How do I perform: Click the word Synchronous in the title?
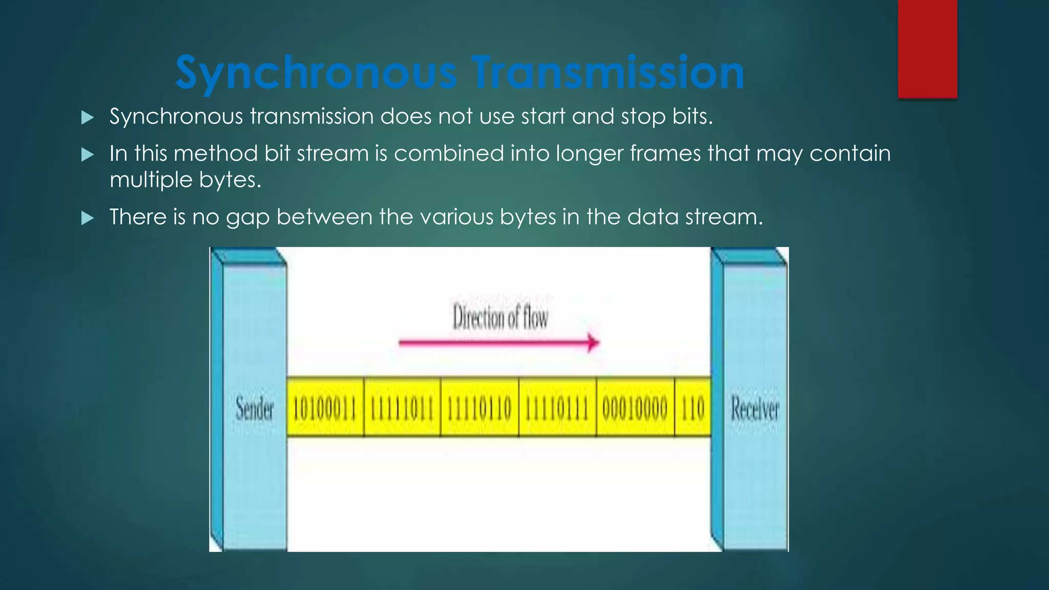tap(315, 73)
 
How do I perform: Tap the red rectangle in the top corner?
tap(927, 49)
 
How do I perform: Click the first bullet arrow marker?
tap(88, 118)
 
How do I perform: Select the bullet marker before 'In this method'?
tap(88, 155)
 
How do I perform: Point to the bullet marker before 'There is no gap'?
tap(88, 218)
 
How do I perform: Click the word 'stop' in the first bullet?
tap(643, 117)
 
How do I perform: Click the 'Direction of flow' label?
tap(500, 317)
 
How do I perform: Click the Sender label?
tap(255, 409)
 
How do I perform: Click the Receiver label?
tap(754, 409)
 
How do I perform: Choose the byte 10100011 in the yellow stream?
tap(325, 409)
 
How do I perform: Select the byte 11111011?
tap(402, 409)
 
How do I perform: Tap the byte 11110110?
tap(479, 409)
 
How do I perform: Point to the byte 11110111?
tap(557, 409)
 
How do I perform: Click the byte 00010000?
tap(635, 409)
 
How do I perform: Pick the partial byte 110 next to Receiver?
tap(693, 409)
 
